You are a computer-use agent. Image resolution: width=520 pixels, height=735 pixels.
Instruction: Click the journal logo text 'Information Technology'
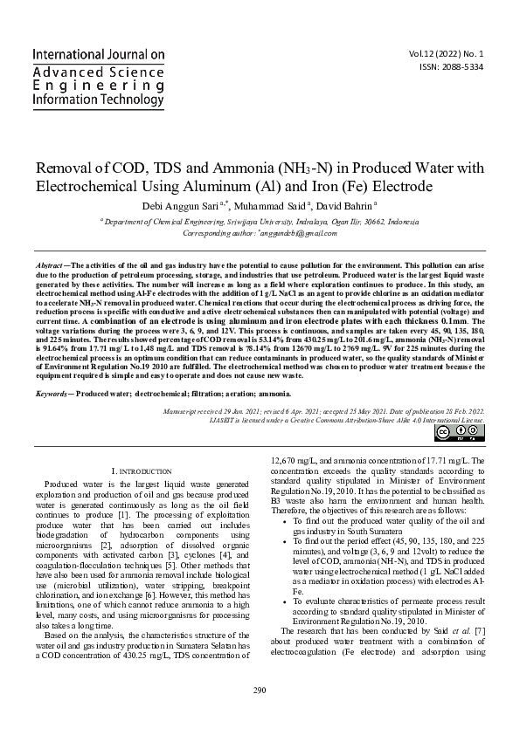click(x=97, y=100)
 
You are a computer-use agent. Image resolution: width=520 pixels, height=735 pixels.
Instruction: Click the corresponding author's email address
click(x=300, y=234)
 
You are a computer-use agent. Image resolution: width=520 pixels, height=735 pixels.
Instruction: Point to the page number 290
click(x=260, y=716)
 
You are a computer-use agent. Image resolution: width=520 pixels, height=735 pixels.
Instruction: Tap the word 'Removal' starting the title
click(x=66, y=166)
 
